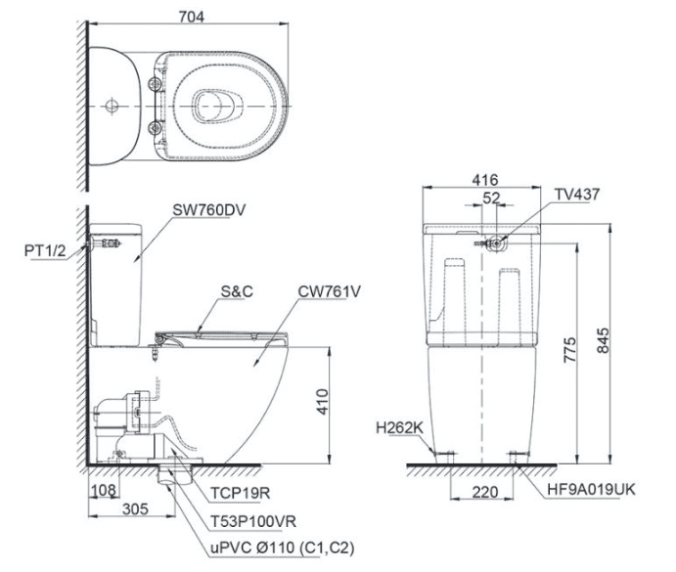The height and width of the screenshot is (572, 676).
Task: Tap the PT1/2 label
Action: (46, 250)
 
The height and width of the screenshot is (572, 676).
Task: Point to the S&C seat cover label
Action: (237, 291)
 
